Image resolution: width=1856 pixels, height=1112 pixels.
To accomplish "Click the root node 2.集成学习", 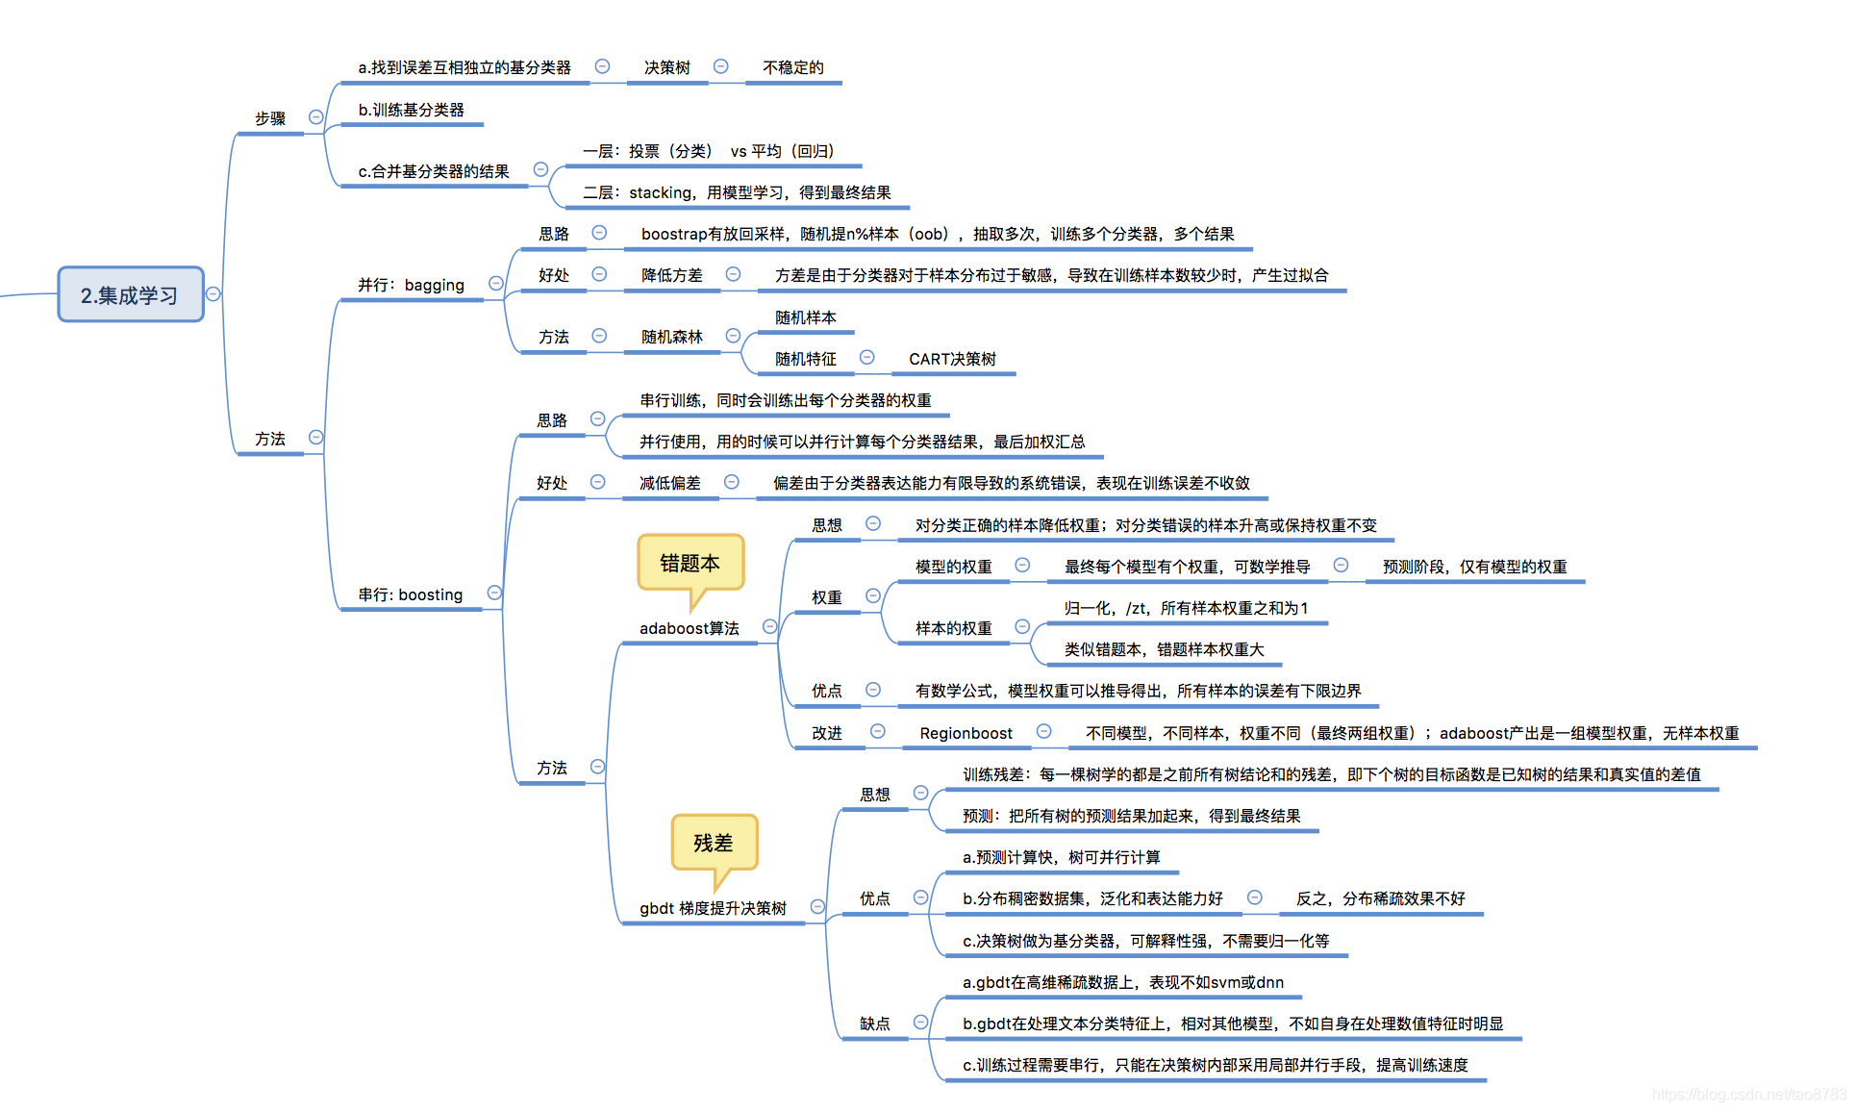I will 131,294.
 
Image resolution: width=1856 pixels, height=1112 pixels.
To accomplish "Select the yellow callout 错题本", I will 690,563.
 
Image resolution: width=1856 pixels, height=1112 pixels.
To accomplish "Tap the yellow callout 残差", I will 714,843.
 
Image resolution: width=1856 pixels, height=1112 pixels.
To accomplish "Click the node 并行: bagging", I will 411,285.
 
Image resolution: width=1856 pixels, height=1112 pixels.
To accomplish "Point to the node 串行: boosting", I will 411,594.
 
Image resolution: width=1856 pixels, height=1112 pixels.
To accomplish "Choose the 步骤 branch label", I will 270,118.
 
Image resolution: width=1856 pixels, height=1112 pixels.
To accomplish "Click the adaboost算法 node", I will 690,628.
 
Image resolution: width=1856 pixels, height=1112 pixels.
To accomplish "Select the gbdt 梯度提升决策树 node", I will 714,908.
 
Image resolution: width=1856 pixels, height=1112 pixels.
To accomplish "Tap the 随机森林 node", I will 672,337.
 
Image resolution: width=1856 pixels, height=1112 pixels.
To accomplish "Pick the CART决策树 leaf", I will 952,359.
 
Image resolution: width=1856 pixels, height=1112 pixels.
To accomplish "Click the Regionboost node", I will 966,733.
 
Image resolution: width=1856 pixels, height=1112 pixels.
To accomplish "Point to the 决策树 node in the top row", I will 667,67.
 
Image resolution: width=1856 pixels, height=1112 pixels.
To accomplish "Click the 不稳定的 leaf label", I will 793,67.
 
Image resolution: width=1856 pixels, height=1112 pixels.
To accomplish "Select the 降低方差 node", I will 672,275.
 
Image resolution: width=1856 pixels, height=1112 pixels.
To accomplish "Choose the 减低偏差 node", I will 670,483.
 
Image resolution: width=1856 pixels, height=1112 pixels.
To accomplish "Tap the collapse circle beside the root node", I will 213,294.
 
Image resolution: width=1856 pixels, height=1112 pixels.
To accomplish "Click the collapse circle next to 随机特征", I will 866,358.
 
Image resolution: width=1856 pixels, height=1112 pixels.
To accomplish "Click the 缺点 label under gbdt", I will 875,1024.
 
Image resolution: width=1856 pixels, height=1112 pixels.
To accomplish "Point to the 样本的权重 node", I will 953,628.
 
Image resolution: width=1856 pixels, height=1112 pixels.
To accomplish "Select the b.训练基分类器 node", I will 412,110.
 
